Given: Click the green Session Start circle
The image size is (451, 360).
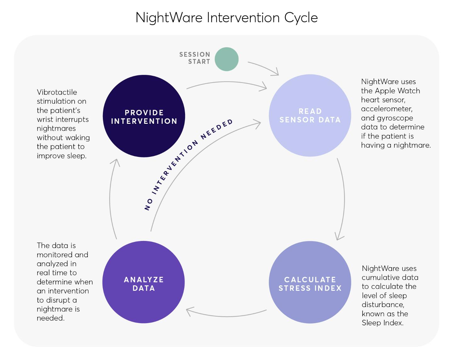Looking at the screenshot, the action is (226, 59).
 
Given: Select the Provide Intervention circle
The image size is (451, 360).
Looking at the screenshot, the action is (144, 116).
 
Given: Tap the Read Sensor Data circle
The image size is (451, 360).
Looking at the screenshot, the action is (310, 115).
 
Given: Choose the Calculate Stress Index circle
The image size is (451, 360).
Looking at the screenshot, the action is (310, 282).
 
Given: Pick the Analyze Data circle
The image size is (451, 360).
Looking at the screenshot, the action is (144, 282).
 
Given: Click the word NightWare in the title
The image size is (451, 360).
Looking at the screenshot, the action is (169, 17).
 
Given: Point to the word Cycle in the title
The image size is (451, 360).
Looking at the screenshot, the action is (301, 18).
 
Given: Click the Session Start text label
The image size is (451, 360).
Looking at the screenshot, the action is (195, 58).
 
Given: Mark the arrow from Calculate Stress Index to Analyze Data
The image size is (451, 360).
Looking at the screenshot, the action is (226, 316).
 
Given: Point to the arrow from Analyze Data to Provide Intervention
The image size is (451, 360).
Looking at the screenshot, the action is (110, 199).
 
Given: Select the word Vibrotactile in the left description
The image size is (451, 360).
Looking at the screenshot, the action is (57, 92).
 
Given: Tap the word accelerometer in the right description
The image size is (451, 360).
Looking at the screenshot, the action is (387, 109).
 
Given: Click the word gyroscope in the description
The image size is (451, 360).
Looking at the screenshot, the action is (395, 118).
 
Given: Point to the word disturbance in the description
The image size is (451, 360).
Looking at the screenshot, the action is (383, 305).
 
